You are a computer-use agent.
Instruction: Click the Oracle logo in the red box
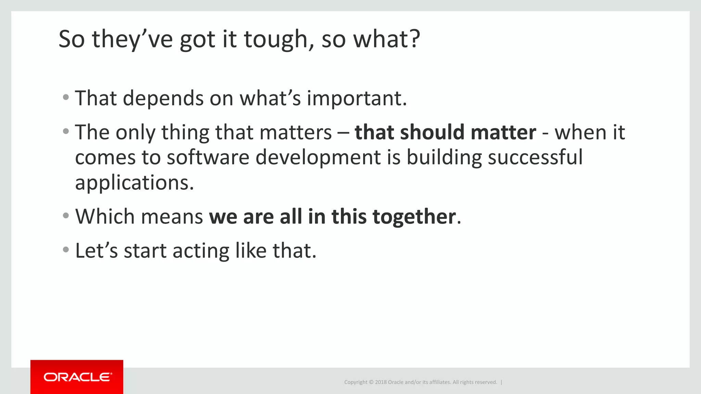(77, 377)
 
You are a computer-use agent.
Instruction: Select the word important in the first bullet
(356, 98)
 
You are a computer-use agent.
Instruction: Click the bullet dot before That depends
(66, 97)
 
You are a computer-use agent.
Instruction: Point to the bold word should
(432, 132)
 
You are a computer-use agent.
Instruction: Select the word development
(318, 158)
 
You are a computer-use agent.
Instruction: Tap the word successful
(535, 157)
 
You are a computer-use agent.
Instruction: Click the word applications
(134, 183)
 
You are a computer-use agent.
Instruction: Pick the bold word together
(414, 217)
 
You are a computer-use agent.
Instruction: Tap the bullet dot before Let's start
(66, 250)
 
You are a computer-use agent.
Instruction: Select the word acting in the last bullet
(201, 251)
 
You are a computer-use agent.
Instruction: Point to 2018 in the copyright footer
(381, 382)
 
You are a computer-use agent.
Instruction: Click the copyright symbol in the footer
(371, 382)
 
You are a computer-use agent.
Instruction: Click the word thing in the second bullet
(185, 133)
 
